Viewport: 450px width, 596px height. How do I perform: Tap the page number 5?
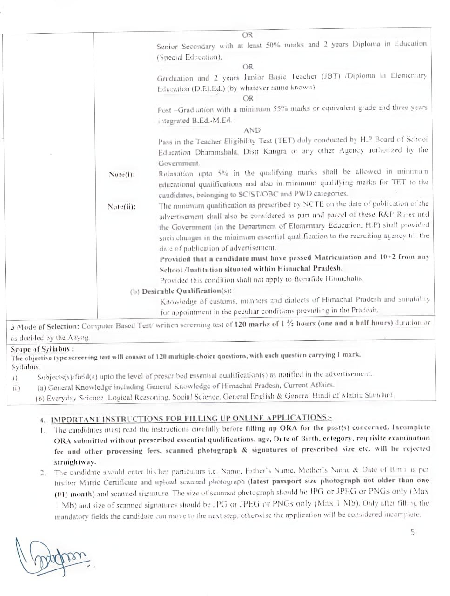(412, 532)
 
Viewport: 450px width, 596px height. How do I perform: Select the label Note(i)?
(121, 175)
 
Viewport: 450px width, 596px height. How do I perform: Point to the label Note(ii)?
(121, 207)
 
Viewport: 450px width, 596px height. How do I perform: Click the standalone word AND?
(252, 130)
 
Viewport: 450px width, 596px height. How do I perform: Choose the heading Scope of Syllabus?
(42, 349)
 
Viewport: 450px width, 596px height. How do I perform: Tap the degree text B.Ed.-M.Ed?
(208, 121)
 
